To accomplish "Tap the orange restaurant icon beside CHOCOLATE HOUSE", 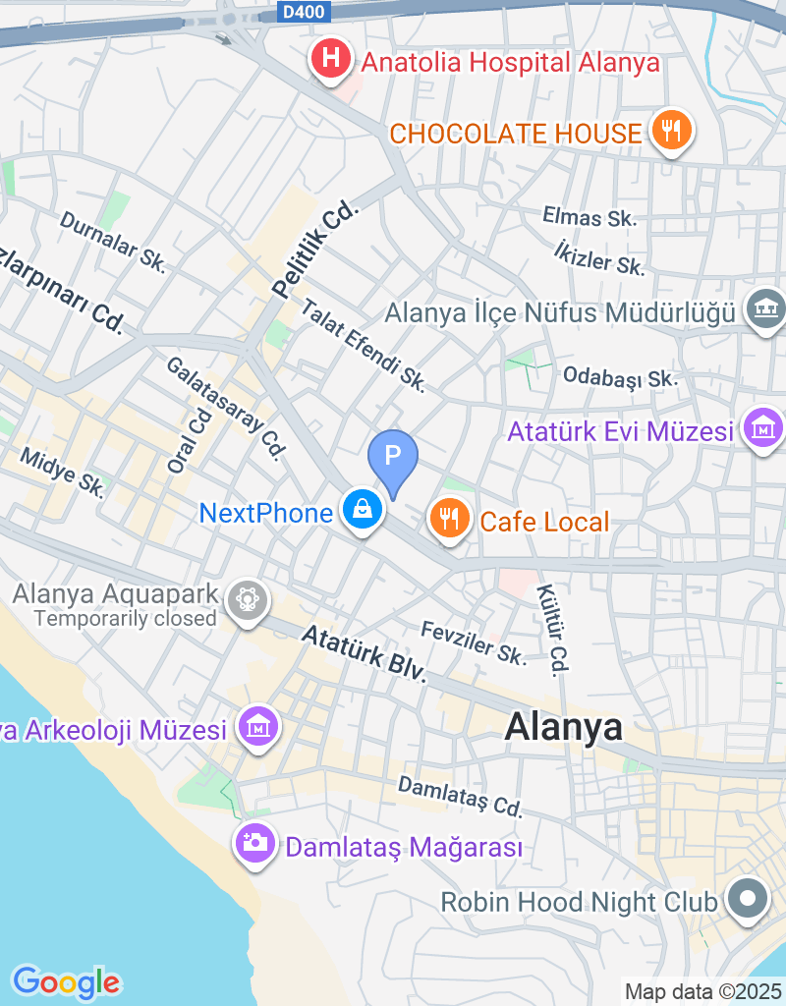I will click(672, 131).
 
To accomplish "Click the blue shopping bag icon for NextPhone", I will click(363, 510).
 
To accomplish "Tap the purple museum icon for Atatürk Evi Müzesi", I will click(763, 428).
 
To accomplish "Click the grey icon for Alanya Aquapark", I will click(247, 599).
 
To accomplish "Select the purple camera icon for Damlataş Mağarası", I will click(255, 843).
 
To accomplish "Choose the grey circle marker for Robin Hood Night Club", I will click(748, 898).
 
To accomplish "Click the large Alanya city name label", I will click(563, 727).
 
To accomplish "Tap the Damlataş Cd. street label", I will click(460, 797).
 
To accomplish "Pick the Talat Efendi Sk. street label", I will click(364, 347).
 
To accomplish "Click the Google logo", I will click(66, 980).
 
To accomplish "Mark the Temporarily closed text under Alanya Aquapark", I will click(125, 619).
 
